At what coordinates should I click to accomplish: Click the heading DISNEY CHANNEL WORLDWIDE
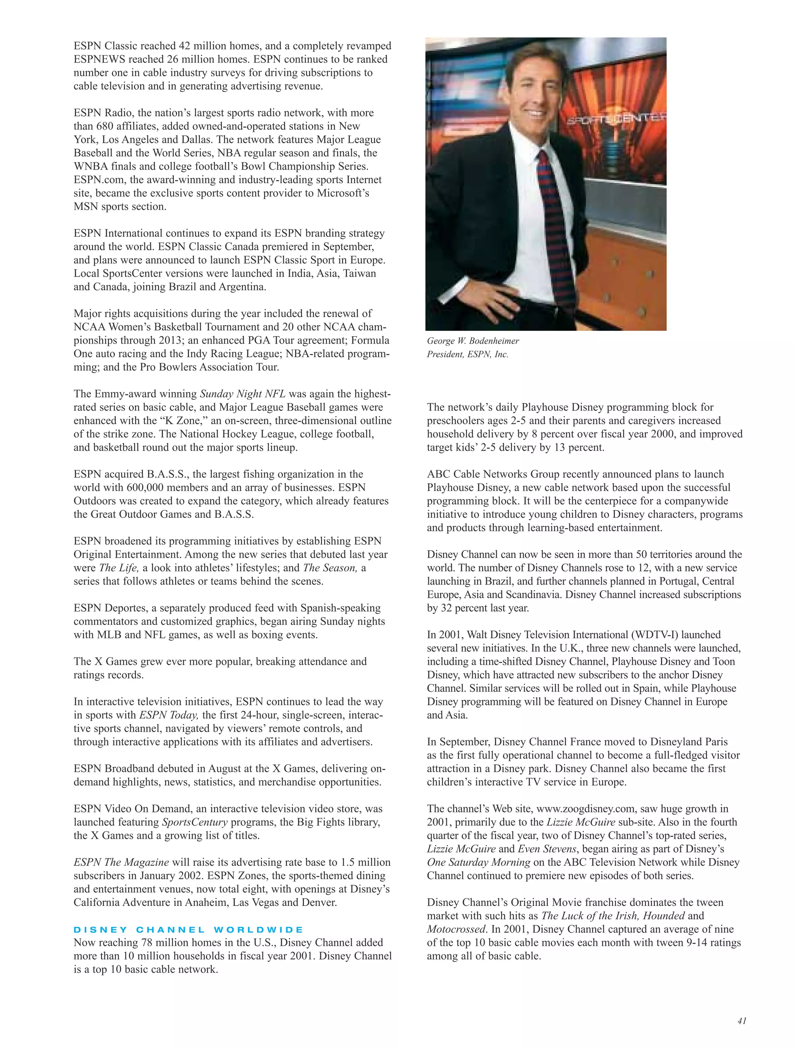188,930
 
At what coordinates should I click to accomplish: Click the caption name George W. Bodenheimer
473,341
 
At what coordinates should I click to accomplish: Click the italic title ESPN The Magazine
121,862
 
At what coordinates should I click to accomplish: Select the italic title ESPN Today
168,715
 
